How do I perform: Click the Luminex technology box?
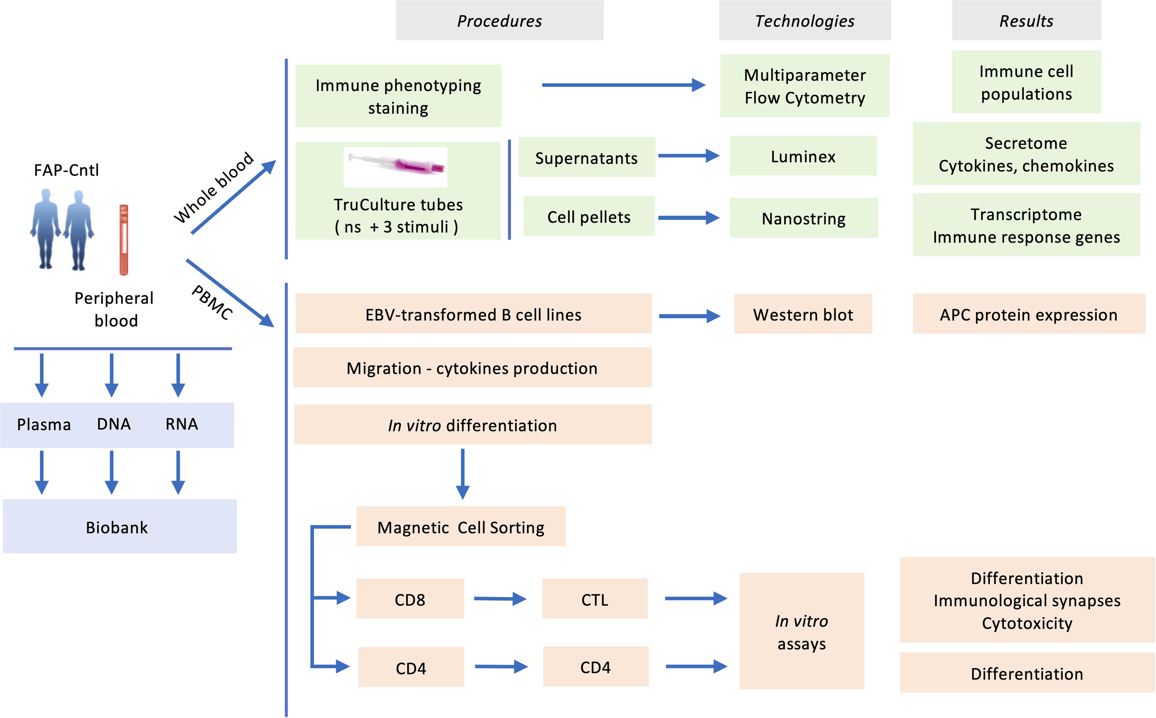point(803,156)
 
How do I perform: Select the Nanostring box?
point(803,218)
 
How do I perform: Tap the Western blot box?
point(803,314)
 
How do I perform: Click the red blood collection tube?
point(123,240)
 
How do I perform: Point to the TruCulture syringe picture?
point(395,166)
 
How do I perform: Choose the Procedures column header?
point(499,20)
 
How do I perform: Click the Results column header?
point(1026,20)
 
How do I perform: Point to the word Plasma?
point(44,424)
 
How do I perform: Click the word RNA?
point(182,424)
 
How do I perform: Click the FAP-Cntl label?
point(67,170)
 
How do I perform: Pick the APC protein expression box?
point(1028,314)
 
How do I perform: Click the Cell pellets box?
point(589,217)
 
